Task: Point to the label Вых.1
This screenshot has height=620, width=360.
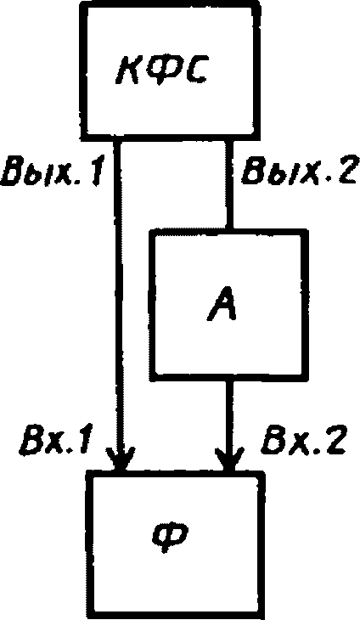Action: tap(52, 171)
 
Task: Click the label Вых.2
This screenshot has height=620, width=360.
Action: tap(299, 171)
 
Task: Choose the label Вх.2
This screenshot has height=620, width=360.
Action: tap(303, 439)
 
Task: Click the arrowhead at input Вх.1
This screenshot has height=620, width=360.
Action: tap(121, 459)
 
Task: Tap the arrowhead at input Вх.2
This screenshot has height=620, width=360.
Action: tap(230, 459)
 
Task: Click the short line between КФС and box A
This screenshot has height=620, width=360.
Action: tap(229, 184)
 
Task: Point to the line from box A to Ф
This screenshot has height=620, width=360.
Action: tap(229, 425)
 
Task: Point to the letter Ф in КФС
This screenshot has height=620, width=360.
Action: tap(160, 72)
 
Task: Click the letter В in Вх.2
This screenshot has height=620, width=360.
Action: tap(273, 439)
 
